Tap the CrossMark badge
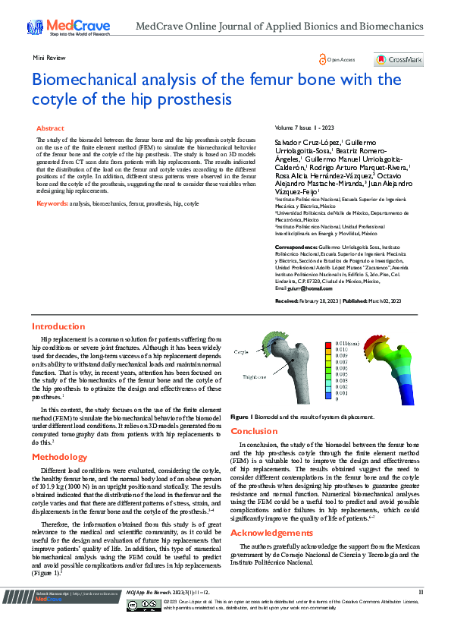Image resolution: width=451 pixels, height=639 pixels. [x=398, y=59]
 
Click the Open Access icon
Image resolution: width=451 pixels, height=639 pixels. [x=324, y=59]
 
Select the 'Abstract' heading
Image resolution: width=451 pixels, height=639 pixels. [x=50, y=128]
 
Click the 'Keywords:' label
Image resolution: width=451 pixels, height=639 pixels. [x=52, y=204]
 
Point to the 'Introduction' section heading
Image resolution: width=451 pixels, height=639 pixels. [x=58, y=326]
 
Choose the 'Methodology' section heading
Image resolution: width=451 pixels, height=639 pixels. [x=60, y=457]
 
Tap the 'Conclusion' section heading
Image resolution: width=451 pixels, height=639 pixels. [x=254, y=431]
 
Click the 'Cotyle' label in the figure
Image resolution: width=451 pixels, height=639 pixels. [x=241, y=352]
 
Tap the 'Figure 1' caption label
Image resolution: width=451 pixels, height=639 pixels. [x=240, y=417]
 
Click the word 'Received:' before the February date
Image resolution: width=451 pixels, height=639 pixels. [x=287, y=301]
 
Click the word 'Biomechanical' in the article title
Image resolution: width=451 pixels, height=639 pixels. [x=96, y=80]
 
